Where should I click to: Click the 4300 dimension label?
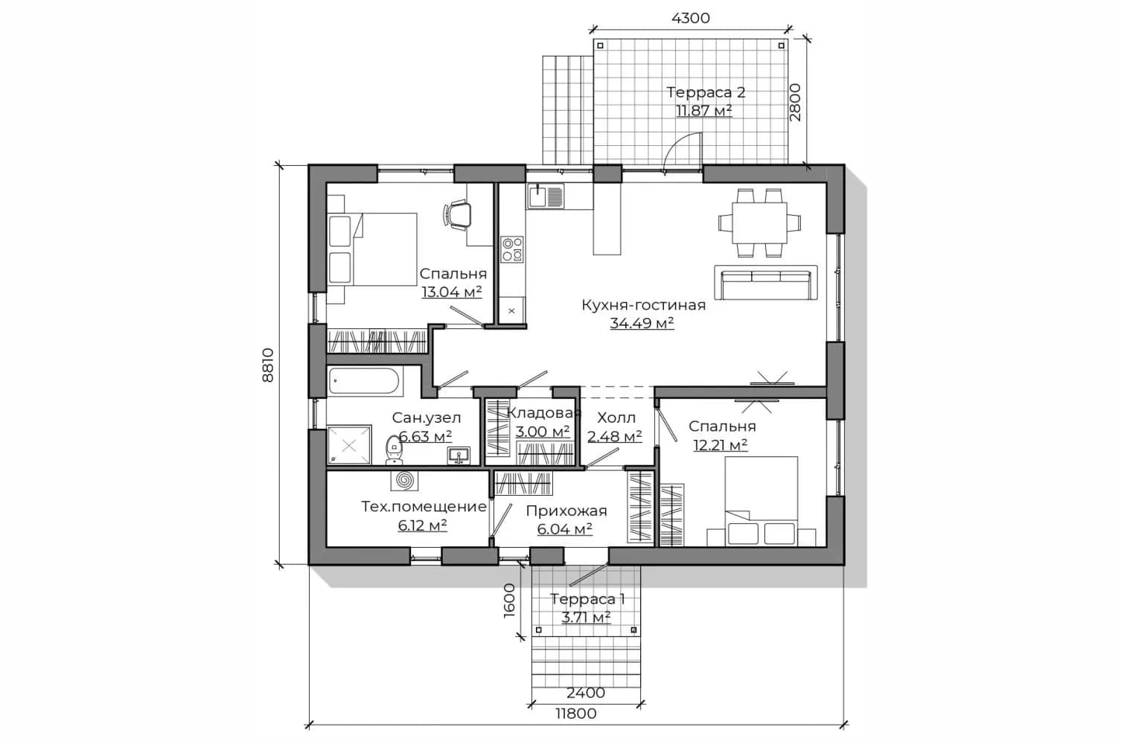690,18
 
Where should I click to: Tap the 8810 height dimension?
268,365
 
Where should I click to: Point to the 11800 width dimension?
576,713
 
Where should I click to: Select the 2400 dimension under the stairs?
586,692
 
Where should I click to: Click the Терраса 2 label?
706,92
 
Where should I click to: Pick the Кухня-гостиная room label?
644,304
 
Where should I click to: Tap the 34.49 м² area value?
642,323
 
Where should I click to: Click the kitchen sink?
545,196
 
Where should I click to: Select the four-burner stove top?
512,249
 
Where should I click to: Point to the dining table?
759,223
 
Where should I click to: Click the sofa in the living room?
766,283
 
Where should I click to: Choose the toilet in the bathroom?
395,450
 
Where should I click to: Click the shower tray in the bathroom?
349,445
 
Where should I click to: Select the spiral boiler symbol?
404,480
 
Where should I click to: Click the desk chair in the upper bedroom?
457,215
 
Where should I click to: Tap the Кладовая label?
544,413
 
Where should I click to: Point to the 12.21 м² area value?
721,444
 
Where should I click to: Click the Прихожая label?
566,511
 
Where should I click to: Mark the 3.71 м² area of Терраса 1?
586,618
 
